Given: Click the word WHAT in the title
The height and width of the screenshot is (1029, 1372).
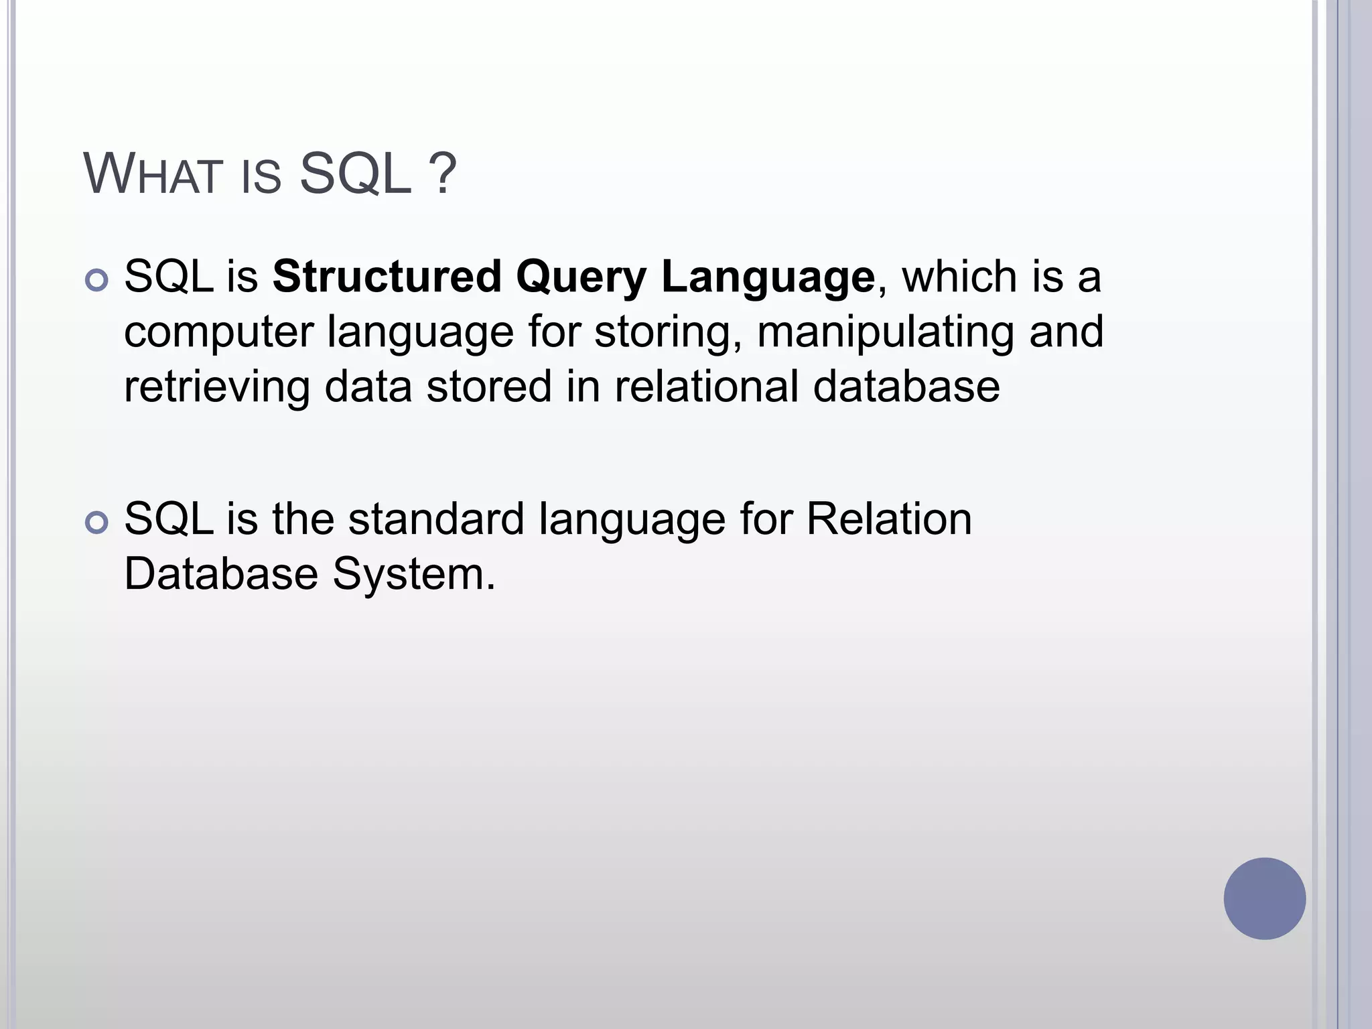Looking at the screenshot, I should (x=153, y=175).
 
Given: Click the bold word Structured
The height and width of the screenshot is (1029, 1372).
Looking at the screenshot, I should (x=387, y=277).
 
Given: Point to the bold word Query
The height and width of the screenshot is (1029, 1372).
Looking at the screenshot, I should (x=581, y=278).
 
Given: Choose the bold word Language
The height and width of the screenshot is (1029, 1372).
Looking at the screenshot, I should (x=768, y=278).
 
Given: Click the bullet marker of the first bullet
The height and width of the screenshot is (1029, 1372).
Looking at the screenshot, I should (x=97, y=280).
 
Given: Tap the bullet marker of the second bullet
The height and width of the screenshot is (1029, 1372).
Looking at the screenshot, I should (x=97, y=523).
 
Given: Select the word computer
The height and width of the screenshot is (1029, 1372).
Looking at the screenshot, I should (x=218, y=333).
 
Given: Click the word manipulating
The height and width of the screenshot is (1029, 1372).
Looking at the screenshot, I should (x=885, y=333).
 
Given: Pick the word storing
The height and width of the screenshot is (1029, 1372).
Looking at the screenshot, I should (x=668, y=333).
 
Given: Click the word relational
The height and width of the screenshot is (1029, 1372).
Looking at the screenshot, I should (x=706, y=387).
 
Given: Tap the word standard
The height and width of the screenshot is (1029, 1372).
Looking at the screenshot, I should (x=436, y=519).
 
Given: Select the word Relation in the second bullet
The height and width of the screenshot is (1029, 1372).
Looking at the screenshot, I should (x=888, y=519).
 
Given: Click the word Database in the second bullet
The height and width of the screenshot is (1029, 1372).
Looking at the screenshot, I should (x=221, y=574).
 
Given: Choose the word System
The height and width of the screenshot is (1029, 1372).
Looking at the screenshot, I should (x=413, y=575).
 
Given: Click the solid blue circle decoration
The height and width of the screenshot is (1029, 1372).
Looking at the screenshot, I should (x=1264, y=898).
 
